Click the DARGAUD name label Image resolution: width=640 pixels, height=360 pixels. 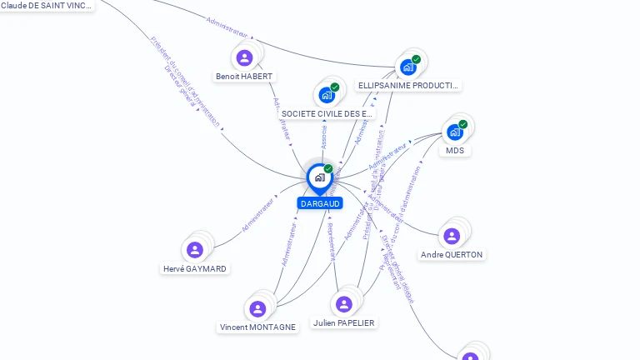[320, 203]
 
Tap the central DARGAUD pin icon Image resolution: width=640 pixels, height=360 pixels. [319, 177]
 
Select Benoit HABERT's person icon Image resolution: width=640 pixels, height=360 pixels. [244, 57]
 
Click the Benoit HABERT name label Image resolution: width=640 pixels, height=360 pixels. [244, 77]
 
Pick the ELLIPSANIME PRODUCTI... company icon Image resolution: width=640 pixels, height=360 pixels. [407, 67]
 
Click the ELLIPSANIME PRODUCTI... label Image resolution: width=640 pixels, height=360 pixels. [408, 86]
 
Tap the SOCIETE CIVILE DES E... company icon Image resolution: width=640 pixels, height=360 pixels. [327, 94]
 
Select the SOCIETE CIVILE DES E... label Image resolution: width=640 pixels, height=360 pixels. [327, 113]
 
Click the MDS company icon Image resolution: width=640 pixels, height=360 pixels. [454, 132]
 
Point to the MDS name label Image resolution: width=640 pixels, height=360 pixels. [455, 151]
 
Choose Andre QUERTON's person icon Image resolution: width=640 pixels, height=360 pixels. [452, 236]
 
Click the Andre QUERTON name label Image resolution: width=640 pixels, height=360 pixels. [452, 255]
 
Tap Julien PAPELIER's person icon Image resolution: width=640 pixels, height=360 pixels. [344, 304]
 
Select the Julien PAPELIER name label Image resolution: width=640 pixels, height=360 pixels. [344, 323]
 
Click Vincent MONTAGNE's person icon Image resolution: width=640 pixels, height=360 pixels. [257, 309]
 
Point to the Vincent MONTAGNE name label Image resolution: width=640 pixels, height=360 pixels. [257, 328]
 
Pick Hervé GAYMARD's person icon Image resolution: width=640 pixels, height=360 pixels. [195, 250]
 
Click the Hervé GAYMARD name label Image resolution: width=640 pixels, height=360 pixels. [195, 269]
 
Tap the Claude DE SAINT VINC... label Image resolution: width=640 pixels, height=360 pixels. [47, 5]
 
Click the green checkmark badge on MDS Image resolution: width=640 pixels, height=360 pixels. [462, 124]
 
